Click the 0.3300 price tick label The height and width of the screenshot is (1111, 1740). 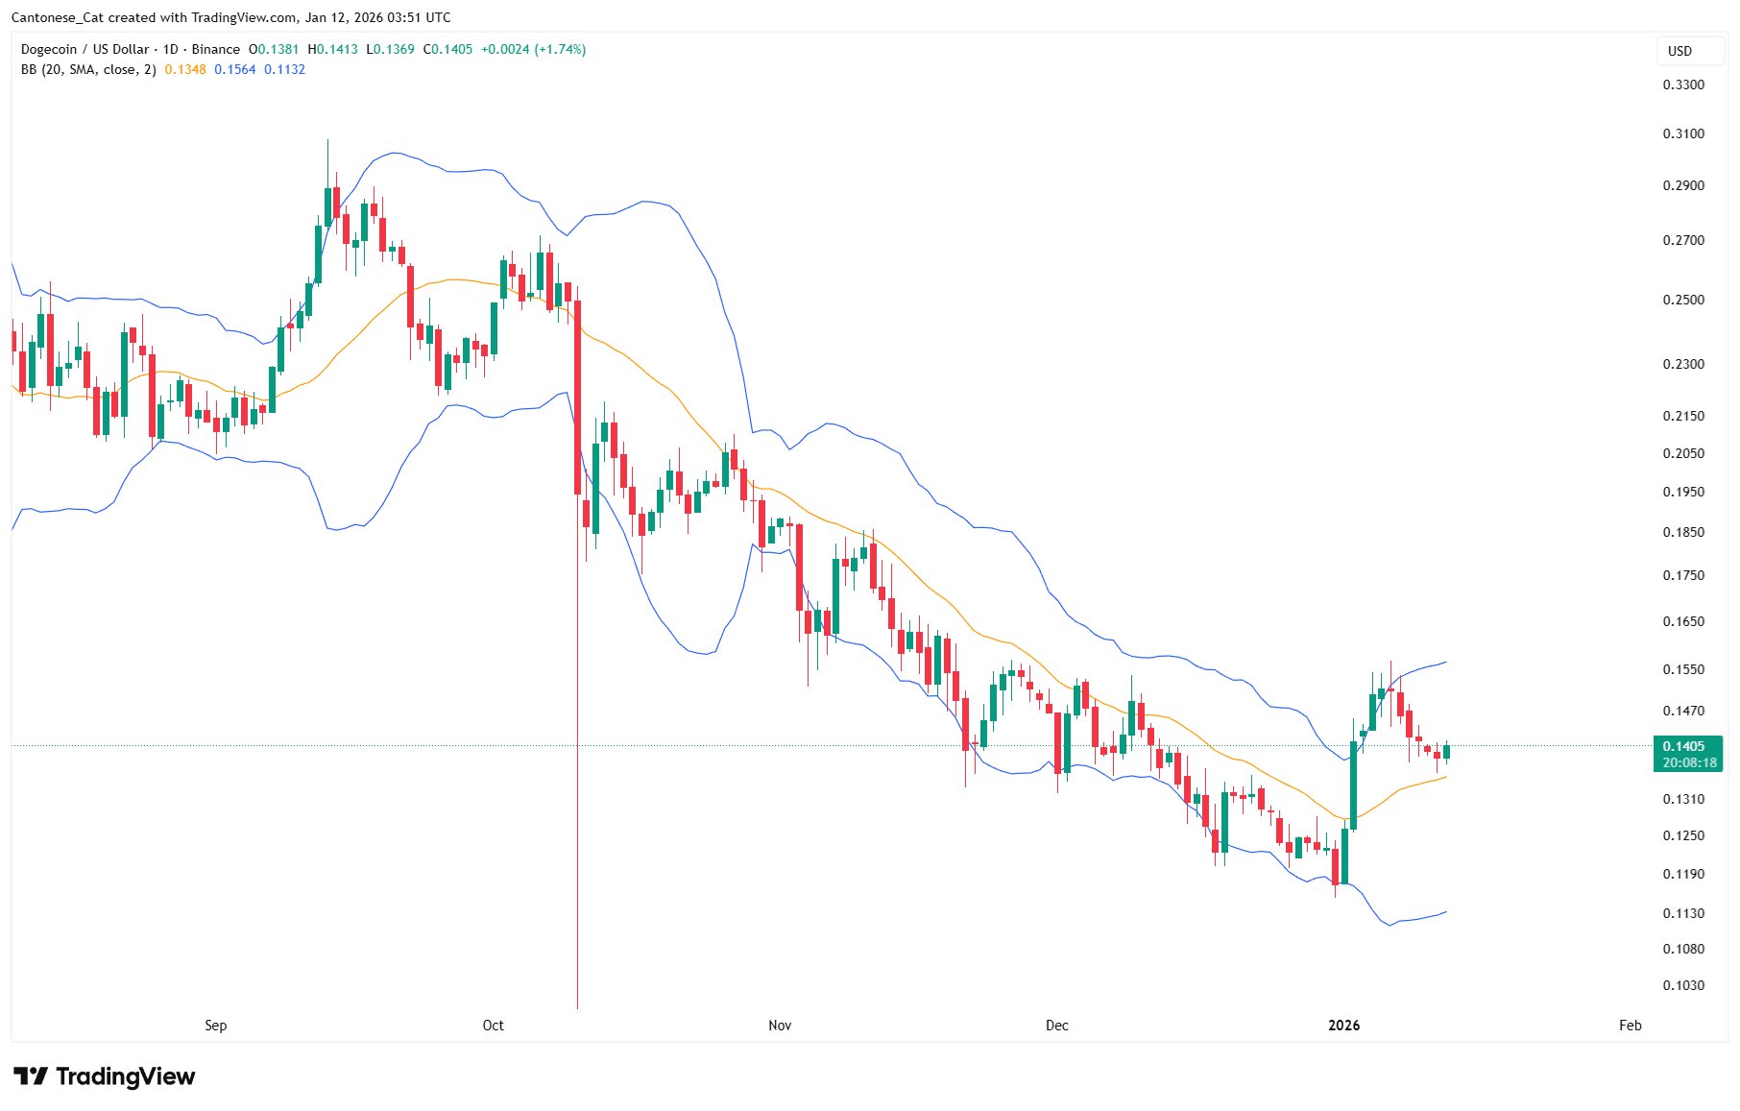[x=1683, y=85]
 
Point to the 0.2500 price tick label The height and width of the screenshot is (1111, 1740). [x=1683, y=300]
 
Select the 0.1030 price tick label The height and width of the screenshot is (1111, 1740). [x=1683, y=985]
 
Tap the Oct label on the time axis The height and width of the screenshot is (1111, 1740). [x=493, y=1026]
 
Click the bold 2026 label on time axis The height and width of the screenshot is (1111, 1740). [x=1343, y=1026]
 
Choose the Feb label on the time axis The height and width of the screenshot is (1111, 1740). [x=1630, y=1026]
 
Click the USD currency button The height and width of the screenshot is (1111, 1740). [x=1680, y=51]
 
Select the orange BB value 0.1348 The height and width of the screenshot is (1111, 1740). [x=185, y=69]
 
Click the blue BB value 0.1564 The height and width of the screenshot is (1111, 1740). [x=235, y=69]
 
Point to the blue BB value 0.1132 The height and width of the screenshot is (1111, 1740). [x=284, y=69]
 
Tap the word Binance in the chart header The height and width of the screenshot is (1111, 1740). [x=215, y=49]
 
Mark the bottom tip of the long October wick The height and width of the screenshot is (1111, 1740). [x=577, y=1006]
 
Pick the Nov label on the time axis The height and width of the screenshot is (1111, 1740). [x=780, y=1026]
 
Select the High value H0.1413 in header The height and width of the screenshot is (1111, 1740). [x=332, y=49]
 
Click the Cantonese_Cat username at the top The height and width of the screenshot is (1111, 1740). [x=58, y=17]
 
